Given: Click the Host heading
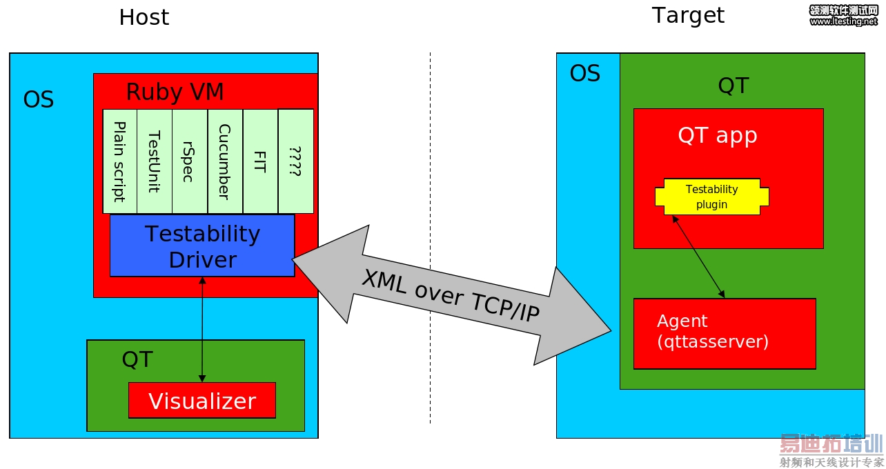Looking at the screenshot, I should tap(144, 17).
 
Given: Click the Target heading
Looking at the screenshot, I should tap(688, 15).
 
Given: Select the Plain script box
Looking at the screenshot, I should tap(119, 161).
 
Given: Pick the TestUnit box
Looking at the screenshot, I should tap(155, 161).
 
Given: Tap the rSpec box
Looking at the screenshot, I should tap(190, 161).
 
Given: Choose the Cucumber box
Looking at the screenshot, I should tap(225, 161).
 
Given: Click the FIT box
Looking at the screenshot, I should tap(260, 161).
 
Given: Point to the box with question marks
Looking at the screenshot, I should tap(295, 161).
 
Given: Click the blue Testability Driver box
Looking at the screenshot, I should tap(202, 246).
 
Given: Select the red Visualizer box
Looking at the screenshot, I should tap(202, 401).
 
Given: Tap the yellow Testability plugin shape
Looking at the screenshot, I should tap(711, 197).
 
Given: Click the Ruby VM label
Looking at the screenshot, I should tap(175, 92).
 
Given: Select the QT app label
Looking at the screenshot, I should tap(717, 135).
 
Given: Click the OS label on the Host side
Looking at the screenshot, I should tap(39, 100).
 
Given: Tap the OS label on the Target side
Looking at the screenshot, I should tap(584, 74).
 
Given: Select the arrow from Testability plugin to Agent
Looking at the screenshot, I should tap(698, 256).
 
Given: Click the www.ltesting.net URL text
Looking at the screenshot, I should tap(843, 21).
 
